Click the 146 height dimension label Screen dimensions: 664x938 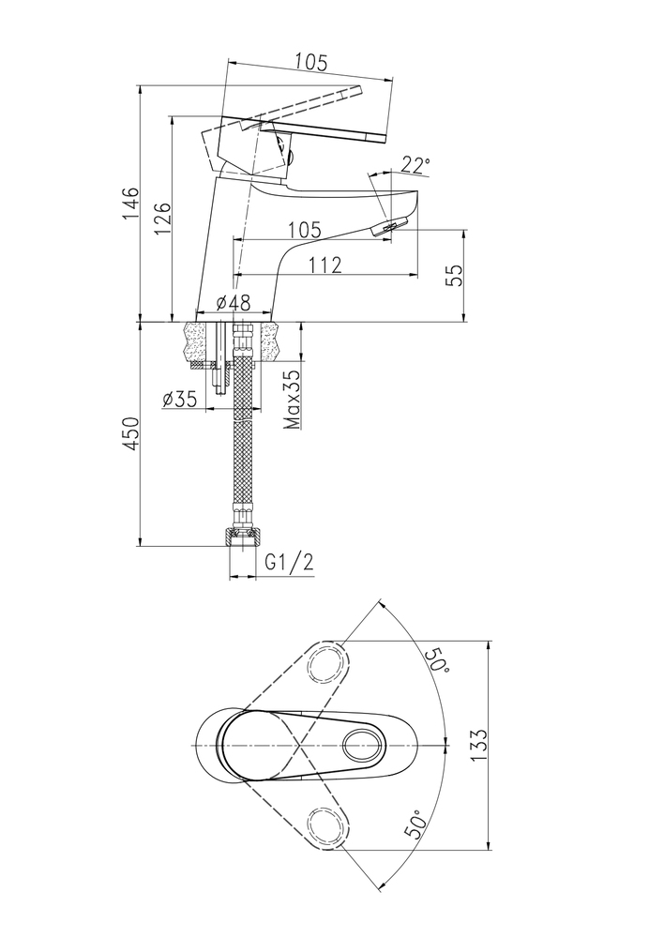point(131,204)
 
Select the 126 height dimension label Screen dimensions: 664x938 point(162,219)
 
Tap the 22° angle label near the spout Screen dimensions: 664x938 point(415,165)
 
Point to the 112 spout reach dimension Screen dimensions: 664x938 point(325,265)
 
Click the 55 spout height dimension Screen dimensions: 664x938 point(456,275)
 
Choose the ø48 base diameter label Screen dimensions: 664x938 point(234,303)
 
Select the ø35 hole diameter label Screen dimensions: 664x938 point(179,399)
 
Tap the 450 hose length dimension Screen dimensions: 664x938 point(131,433)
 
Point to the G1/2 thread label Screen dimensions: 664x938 point(289,562)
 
